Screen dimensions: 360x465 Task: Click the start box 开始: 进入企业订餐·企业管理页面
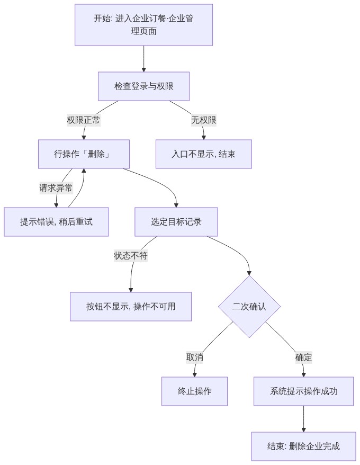pos(143,25)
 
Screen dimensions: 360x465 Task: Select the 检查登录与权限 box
pos(143,86)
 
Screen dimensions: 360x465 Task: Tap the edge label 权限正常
pos(84,120)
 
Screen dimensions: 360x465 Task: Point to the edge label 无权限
pos(204,120)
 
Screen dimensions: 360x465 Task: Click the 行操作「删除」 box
pos(84,154)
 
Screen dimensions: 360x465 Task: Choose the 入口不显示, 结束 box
pos(204,154)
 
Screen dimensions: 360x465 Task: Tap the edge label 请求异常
pos(56,187)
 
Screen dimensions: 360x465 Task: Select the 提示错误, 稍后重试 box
pos(56,222)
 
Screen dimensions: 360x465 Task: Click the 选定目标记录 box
pos(176,222)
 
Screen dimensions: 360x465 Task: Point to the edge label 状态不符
pos(130,256)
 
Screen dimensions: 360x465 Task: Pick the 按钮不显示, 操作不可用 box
pos(130,307)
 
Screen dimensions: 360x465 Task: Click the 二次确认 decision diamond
pos(249,307)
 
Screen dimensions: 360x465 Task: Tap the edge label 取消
pos(194,357)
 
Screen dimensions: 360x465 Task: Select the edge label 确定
pos(303,357)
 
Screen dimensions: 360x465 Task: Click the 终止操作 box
pos(194,391)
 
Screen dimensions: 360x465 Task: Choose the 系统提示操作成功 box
pos(303,391)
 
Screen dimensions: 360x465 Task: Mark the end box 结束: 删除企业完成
pos(303,446)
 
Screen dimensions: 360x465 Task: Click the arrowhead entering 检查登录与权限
pos(143,70)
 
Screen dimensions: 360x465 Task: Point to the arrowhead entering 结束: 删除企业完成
pos(303,430)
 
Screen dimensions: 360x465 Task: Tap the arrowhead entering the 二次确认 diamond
pos(249,273)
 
